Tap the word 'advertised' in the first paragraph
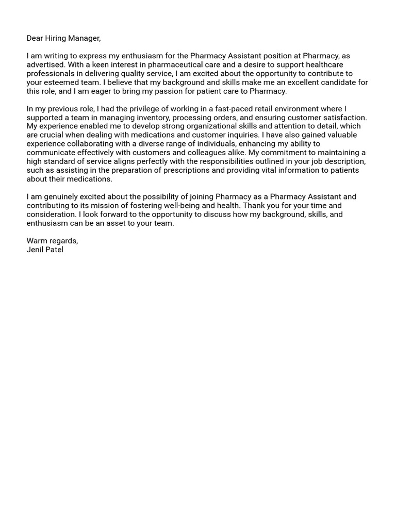(x=45, y=64)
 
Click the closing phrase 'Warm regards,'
(x=52, y=241)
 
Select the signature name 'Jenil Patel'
(x=45, y=250)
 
